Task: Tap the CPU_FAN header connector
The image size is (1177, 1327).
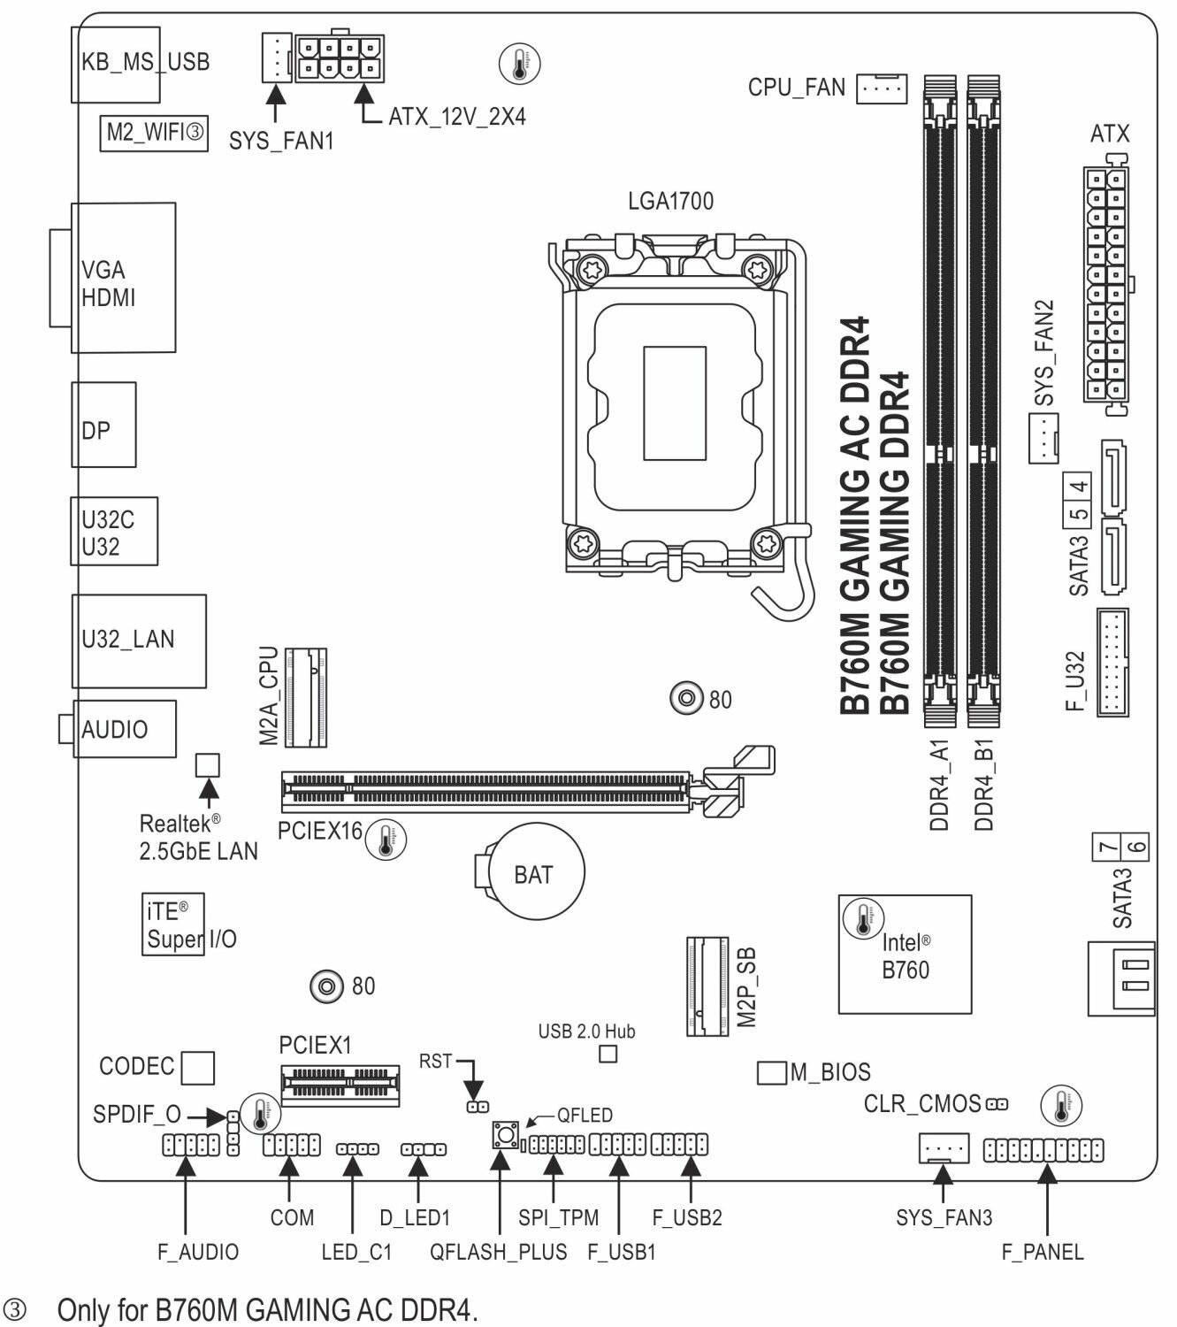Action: click(x=882, y=88)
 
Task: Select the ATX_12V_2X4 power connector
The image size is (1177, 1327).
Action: click(x=340, y=58)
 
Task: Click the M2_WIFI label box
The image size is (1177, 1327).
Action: click(x=154, y=133)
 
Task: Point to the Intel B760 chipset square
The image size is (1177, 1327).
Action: click(x=904, y=954)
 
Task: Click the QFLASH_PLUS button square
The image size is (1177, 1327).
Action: click(x=505, y=1135)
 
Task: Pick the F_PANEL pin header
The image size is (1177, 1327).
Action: click(x=1043, y=1150)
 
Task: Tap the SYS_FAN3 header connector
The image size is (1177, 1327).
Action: click(x=944, y=1148)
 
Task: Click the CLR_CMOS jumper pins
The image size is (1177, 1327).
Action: click(x=997, y=1103)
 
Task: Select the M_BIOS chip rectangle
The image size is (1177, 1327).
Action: click(x=771, y=1072)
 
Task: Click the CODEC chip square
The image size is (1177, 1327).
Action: click(x=197, y=1067)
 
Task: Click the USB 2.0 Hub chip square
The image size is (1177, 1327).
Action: click(x=608, y=1054)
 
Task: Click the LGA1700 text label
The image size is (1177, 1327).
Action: click(x=670, y=201)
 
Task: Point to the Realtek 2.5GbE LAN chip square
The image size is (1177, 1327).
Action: click(x=207, y=763)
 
